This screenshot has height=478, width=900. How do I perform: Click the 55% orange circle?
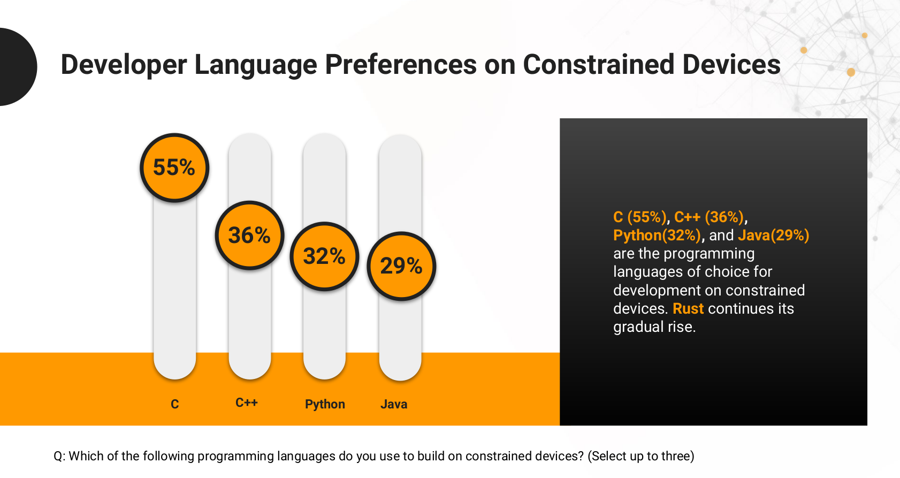(174, 168)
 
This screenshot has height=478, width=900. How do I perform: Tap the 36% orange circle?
(249, 235)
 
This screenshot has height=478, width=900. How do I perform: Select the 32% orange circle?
(324, 256)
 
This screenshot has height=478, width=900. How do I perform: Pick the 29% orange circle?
(401, 265)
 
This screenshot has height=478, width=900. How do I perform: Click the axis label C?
(175, 404)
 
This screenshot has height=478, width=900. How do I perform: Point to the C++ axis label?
(246, 403)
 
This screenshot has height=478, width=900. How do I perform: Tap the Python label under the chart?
(325, 404)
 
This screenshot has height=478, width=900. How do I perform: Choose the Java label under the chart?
(394, 404)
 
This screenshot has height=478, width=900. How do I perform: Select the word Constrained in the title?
(598, 64)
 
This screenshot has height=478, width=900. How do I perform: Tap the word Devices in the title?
(731, 64)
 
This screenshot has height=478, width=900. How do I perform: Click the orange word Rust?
(688, 309)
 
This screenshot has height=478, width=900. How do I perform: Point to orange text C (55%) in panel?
(639, 217)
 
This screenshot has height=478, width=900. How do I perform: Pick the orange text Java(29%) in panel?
(773, 235)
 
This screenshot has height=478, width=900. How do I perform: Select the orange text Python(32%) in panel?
(657, 235)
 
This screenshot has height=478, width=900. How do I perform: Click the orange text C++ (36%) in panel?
(709, 217)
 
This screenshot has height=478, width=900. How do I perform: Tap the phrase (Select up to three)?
(641, 456)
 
